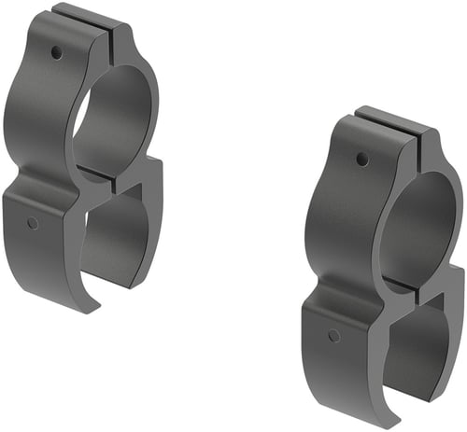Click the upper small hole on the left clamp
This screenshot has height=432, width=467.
(x=57, y=52)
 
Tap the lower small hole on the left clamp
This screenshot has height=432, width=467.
(x=33, y=223)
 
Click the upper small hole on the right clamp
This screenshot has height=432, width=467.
(x=362, y=160)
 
